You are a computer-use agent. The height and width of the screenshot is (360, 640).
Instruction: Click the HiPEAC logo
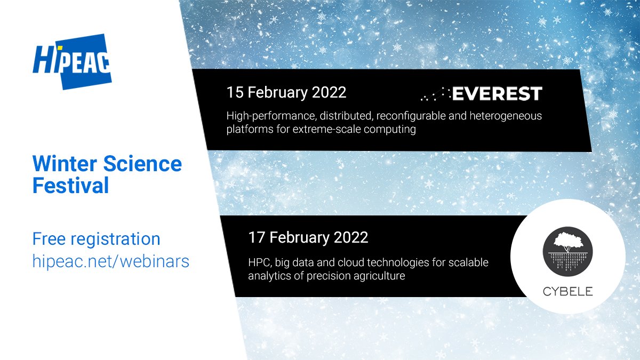[71, 60]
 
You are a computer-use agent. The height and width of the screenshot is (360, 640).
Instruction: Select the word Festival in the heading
[70, 186]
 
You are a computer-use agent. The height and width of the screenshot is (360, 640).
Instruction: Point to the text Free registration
[96, 238]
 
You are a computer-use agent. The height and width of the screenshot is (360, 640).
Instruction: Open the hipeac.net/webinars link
[110, 261]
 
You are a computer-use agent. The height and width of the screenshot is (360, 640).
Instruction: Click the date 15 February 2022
[286, 92]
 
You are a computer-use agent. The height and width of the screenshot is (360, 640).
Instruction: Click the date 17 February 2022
[308, 237]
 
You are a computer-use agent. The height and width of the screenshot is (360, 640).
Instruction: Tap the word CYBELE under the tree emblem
[567, 292]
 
